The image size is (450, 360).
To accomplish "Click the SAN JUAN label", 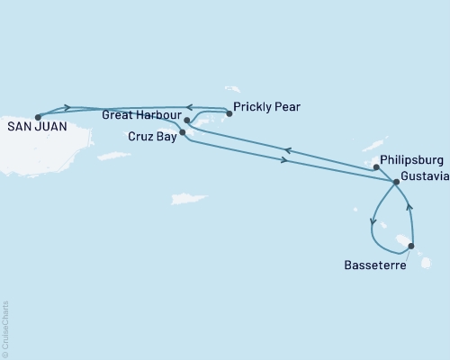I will pos(33,127).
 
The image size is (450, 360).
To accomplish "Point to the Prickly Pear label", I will pos(266,107).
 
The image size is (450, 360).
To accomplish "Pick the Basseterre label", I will pos(375,265).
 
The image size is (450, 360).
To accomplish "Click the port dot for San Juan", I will pos(38,116).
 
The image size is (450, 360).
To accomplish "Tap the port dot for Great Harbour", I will pos(186,120).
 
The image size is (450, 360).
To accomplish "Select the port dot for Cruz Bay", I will pos(183,132).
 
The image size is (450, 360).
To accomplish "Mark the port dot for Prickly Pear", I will pos(228,113).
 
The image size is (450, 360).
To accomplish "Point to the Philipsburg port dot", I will pos(375,166).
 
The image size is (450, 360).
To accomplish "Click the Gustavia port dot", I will pos(396,182).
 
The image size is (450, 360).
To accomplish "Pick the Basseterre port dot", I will pos(411,246).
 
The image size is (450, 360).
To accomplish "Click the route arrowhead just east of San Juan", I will pos(67,108).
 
